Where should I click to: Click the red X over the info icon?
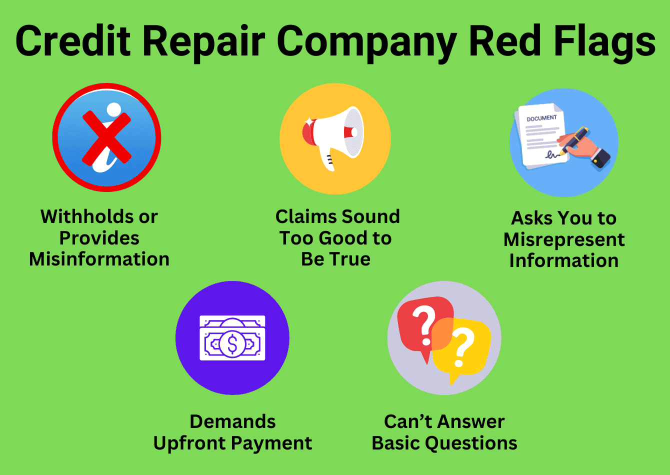pos(106,137)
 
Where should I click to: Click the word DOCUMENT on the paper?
pos(541,118)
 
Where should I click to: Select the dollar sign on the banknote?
pos(232,343)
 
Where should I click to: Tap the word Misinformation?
pos(99,259)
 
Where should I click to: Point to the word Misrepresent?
pos(564,239)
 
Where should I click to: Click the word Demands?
pos(232,421)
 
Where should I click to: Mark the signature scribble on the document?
pos(552,154)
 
